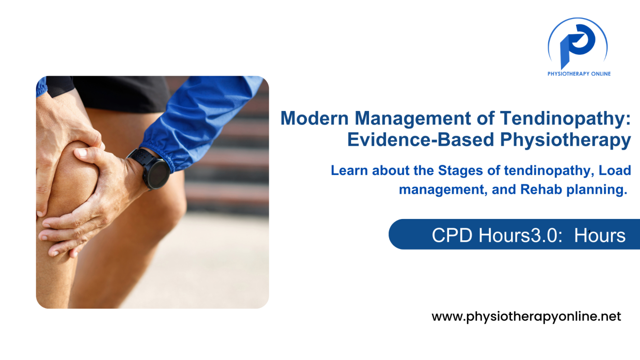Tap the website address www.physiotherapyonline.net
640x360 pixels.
click(526, 317)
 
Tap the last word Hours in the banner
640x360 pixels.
click(600, 235)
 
